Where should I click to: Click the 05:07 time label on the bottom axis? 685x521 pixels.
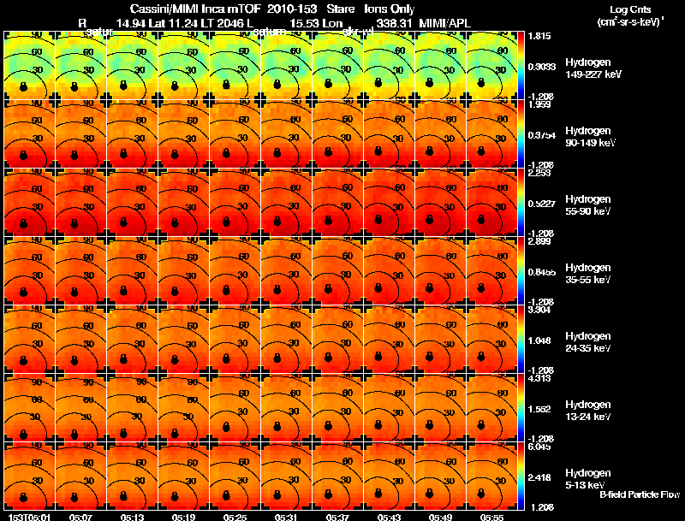tap(81, 517)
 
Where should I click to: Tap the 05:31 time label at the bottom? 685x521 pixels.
tap(286, 517)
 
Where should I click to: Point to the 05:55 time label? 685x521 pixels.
tap(491, 517)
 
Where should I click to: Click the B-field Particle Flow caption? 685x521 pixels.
tap(640, 494)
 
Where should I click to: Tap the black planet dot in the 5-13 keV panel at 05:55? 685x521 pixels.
tap(485, 498)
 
